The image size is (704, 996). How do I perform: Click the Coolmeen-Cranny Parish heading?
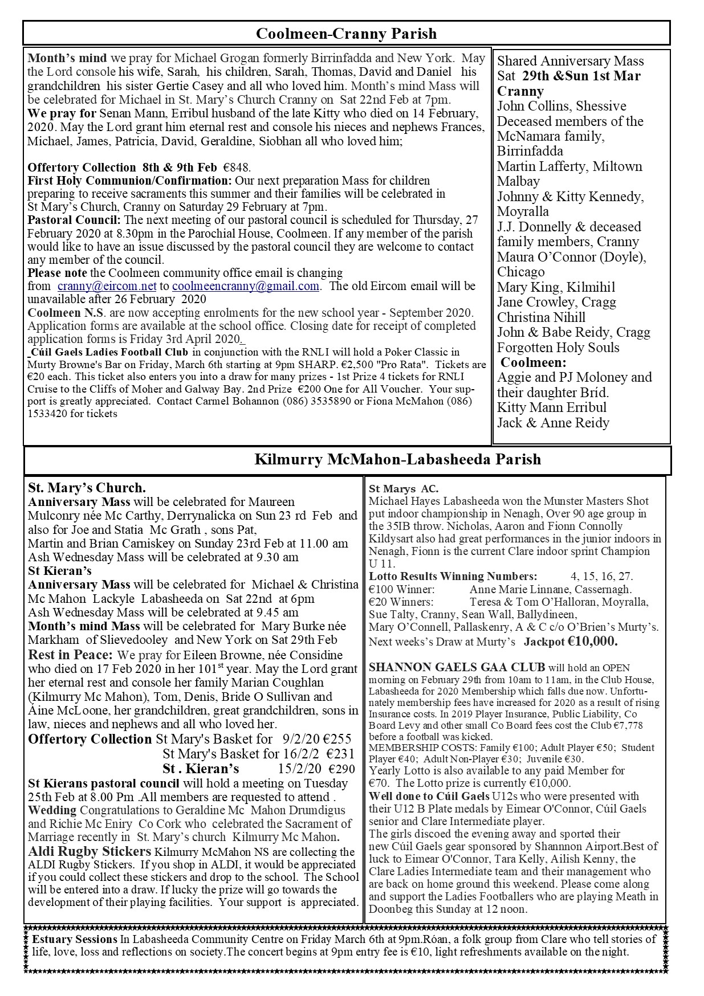[x=346, y=34]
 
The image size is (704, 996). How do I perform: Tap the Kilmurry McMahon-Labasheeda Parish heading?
[x=397, y=459]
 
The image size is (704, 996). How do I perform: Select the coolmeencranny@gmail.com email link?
[x=245, y=286]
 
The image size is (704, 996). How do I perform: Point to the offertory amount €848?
[x=237, y=168]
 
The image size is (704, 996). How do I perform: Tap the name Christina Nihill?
[x=541, y=317]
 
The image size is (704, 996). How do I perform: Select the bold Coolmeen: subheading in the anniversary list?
[x=534, y=362]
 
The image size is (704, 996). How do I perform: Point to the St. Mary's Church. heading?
[x=87, y=488]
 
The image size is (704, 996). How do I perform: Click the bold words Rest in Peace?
[x=70, y=655]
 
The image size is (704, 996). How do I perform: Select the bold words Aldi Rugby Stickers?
[x=89, y=852]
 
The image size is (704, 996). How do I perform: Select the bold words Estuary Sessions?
[x=75, y=939]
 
